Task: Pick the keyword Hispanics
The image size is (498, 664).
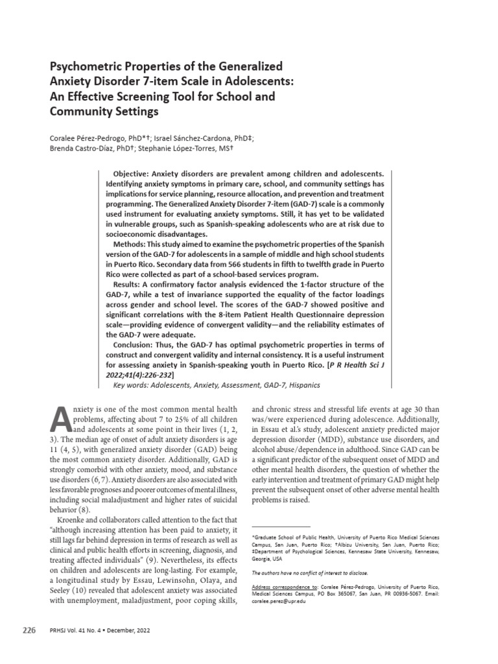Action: [304, 385]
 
